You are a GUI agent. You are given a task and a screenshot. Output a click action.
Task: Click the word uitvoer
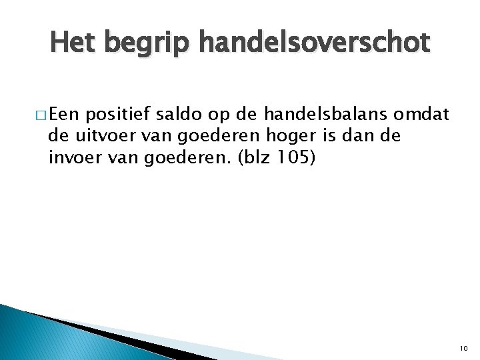[x=99, y=136]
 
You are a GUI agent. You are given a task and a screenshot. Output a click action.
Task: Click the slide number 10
[x=464, y=348]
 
